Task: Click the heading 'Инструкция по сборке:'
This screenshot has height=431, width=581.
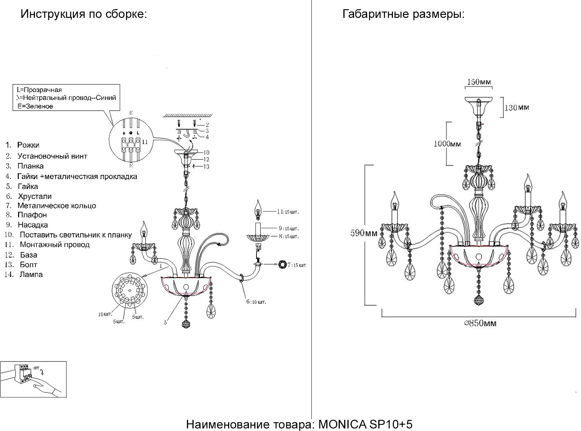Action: (84, 15)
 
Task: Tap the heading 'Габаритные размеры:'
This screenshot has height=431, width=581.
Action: (403, 15)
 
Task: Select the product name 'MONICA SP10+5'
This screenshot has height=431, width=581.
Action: (365, 424)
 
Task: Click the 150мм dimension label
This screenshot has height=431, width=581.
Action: (479, 82)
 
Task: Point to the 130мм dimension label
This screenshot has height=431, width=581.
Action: (517, 107)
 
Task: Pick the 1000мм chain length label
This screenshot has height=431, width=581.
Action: (447, 144)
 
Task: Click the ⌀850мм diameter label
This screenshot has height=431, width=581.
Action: (480, 323)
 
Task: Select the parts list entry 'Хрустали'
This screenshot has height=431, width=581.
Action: (35, 197)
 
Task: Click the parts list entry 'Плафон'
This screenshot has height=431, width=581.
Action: (32, 215)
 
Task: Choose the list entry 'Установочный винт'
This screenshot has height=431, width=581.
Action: (52, 156)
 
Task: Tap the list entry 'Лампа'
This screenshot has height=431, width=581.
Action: (31, 274)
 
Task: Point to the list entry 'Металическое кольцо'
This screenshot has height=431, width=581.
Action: (56, 206)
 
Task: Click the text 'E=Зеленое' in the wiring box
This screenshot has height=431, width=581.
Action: (35, 106)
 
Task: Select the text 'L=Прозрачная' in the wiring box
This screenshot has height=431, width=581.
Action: (39, 90)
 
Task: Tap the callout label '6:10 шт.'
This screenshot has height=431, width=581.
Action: (256, 302)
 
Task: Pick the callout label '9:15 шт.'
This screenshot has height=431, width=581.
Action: (288, 229)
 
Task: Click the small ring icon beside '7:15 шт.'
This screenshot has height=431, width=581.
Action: (282, 265)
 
